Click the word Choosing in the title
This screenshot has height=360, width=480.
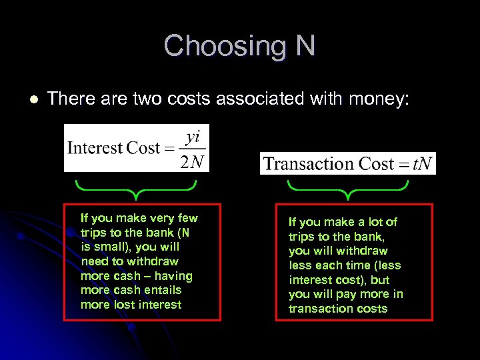click(x=219, y=46)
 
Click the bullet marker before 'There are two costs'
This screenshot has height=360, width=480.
click(x=34, y=99)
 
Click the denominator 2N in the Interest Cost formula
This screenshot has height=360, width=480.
click(x=192, y=161)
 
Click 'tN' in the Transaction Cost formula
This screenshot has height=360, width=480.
click(x=423, y=163)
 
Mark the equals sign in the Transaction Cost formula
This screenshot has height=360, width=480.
click(x=403, y=164)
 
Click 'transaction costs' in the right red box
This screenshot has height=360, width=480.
click(x=338, y=309)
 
